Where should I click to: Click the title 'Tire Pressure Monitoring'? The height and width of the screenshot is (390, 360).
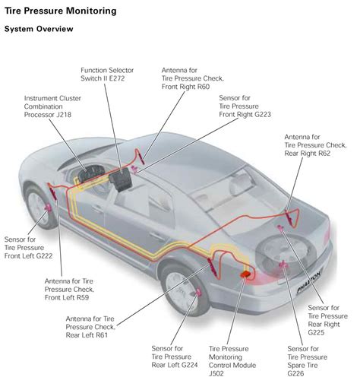[x=61, y=12]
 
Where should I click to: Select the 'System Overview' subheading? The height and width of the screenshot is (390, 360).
[x=39, y=29]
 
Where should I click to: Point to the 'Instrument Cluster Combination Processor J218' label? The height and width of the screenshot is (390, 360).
[x=52, y=107]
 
